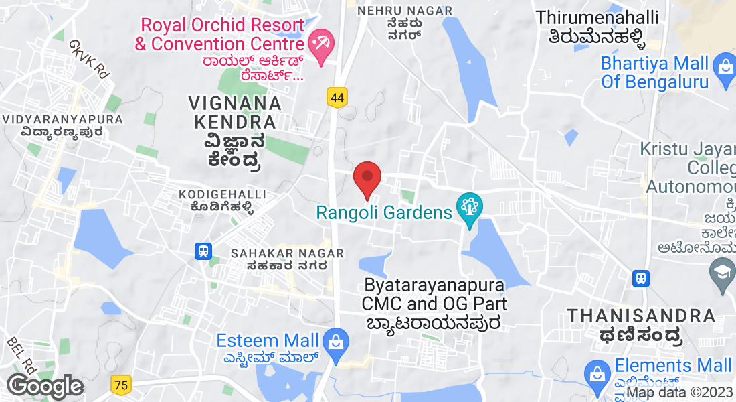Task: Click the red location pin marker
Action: [x=367, y=177]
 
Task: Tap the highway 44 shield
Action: [x=337, y=98]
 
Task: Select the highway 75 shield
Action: [x=122, y=385]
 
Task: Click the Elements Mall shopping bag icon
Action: [x=596, y=373]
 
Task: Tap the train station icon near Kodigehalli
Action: [x=203, y=251]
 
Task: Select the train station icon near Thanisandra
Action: [x=641, y=277]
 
